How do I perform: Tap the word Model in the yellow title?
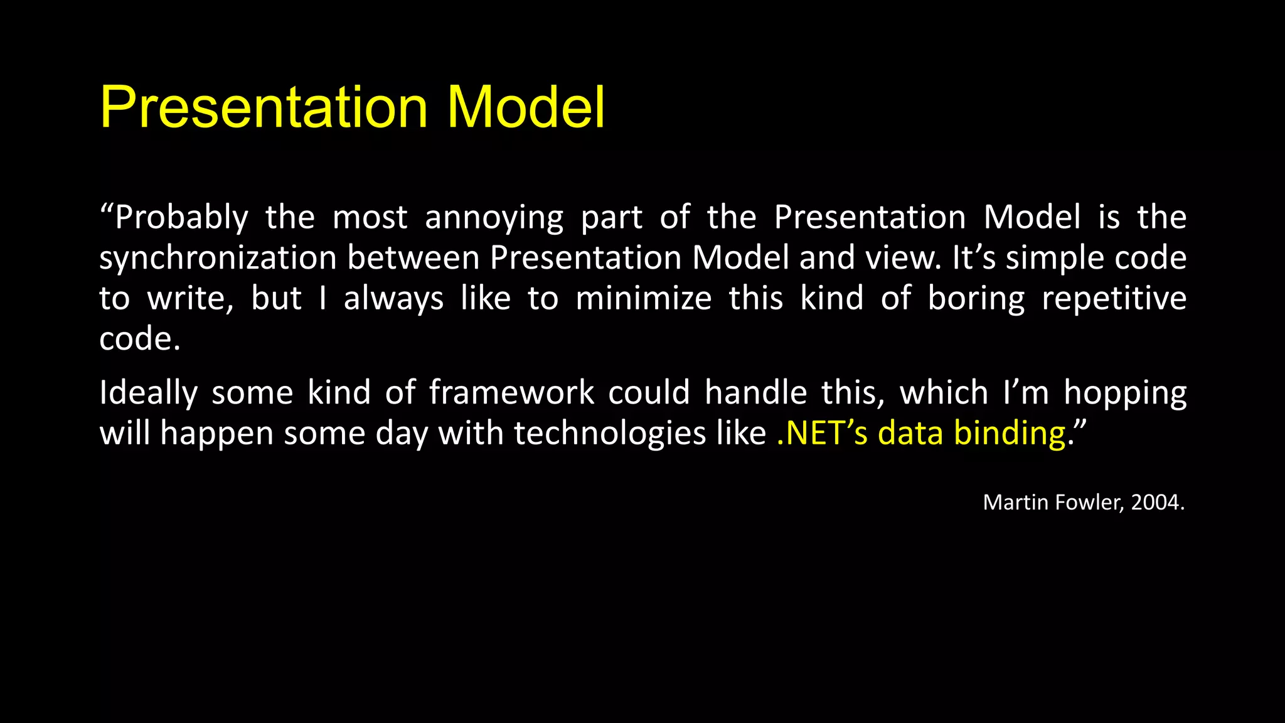coord(526,108)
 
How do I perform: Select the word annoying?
coord(494,218)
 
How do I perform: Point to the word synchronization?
coord(218,259)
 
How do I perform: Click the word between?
coord(413,259)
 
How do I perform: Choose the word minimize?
coord(643,299)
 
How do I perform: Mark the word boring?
coord(976,299)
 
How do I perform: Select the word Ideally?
coord(149,394)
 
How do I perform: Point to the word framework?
coord(511,393)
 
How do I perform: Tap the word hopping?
coord(1125,394)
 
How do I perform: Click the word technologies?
coord(610,434)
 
